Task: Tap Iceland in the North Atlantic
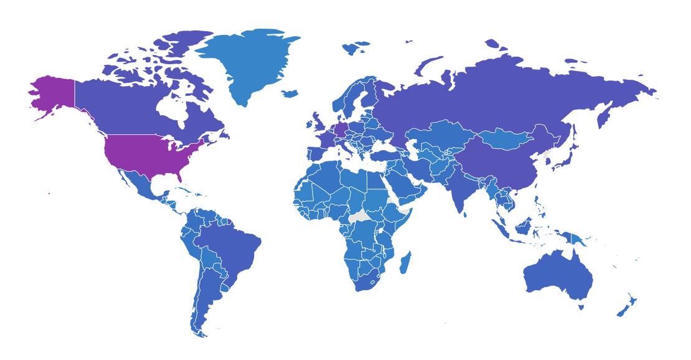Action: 291,93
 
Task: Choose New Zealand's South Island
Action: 623,308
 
